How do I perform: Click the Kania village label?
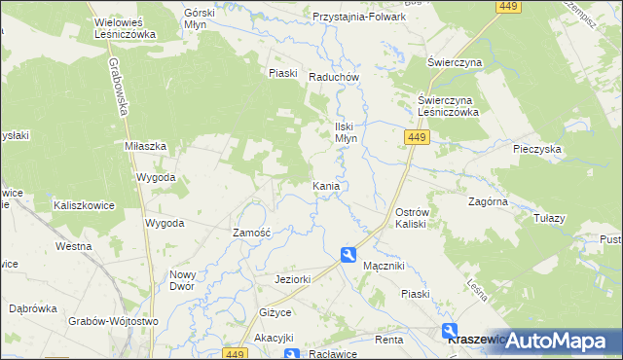coord(326,185)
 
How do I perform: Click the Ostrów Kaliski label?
coord(419,218)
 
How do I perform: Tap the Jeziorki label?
coord(292,280)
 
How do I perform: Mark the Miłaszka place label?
coord(146,145)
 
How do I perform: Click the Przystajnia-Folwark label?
coord(358,17)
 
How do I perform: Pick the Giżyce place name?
coord(275,313)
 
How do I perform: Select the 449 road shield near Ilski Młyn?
coord(416,139)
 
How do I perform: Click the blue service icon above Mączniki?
coord(348,255)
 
